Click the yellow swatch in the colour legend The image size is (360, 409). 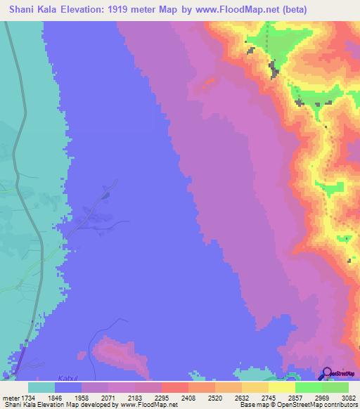click(x=281, y=388)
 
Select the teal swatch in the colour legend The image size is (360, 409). click(x=41, y=388)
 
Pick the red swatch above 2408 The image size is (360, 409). click(x=174, y=388)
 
